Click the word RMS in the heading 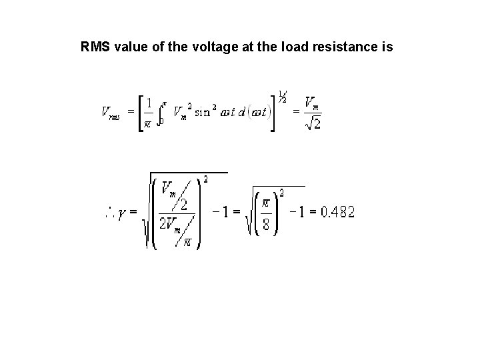coord(94,47)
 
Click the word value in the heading coord(131,47)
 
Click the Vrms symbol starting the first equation coord(111,111)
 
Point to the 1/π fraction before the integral coord(149,111)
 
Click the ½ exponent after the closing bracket coord(283,96)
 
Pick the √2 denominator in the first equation coord(313,123)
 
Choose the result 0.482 coord(337,213)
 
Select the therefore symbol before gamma coord(107,213)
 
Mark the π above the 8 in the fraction coord(265,201)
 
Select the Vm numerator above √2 coord(311,101)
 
